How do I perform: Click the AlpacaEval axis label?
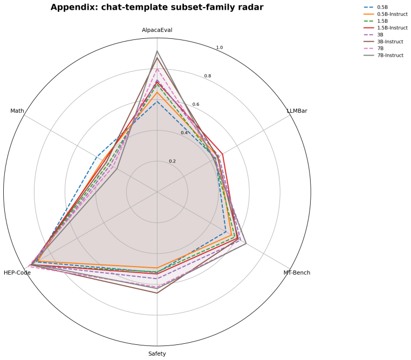tap(157, 30)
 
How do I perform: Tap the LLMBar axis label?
tap(297, 111)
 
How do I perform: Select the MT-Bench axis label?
tap(297, 273)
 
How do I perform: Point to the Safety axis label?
tap(157, 354)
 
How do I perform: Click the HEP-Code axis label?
tap(17, 273)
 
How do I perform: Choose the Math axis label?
tap(17, 111)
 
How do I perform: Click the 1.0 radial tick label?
tap(220, 47)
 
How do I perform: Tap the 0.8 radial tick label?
tap(208, 76)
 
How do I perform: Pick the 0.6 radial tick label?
tap(196, 104)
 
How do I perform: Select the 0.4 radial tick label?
tap(184, 133)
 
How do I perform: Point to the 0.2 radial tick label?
tap(172, 161)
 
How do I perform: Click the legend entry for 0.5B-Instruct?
tap(385, 14)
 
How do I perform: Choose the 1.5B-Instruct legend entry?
tap(385, 28)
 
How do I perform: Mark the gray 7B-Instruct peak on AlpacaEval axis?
tap(157, 51)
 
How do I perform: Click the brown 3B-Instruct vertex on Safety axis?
tap(157, 293)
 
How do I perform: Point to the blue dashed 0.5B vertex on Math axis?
tap(97, 157)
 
